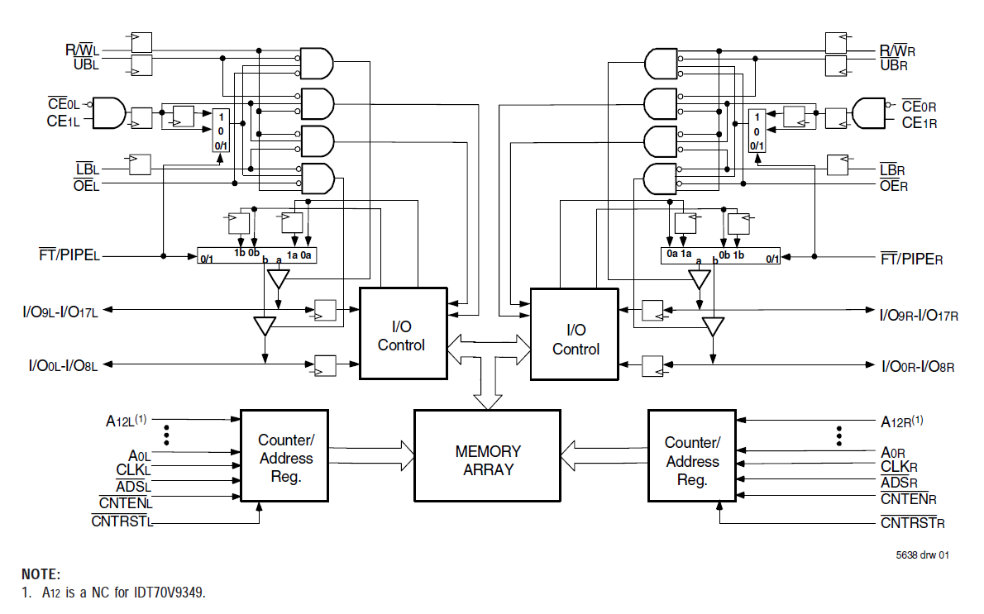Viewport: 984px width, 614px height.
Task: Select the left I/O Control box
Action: tap(403, 333)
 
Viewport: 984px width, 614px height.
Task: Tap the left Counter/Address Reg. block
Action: tap(284, 455)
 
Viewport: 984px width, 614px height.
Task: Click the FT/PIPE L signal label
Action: tap(69, 255)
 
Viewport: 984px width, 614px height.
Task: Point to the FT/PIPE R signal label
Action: tap(911, 259)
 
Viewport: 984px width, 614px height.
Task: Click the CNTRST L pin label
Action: tap(123, 521)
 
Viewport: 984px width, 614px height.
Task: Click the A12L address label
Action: tap(126, 420)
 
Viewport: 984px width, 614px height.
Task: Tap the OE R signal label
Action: tap(894, 186)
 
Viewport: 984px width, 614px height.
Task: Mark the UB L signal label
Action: tap(86, 64)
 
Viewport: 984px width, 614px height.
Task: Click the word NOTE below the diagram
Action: tap(41, 574)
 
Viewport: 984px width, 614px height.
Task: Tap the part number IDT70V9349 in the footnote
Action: tap(165, 593)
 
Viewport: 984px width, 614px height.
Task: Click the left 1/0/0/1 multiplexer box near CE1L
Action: tap(221, 131)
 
